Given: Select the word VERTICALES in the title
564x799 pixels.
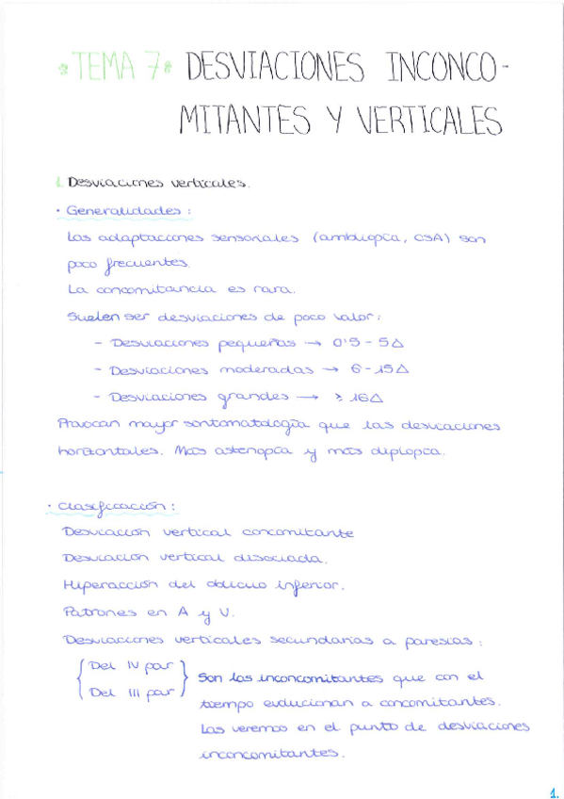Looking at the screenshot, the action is tap(426, 121).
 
